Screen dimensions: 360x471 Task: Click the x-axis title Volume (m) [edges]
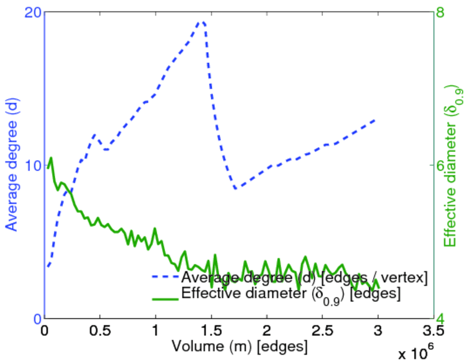pyautogui.click(x=239, y=347)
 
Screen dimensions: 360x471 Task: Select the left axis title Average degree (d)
pyautogui.click(x=11, y=166)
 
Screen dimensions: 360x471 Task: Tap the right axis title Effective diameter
pyautogui.click(x=453, y=166)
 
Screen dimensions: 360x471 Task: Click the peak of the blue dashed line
pyautogui.click(x=202, y=22)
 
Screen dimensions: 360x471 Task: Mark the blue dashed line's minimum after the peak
pyautogui.click(x=236, y=188)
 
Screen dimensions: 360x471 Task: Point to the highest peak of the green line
pyautogui.click(x=51, y=158)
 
